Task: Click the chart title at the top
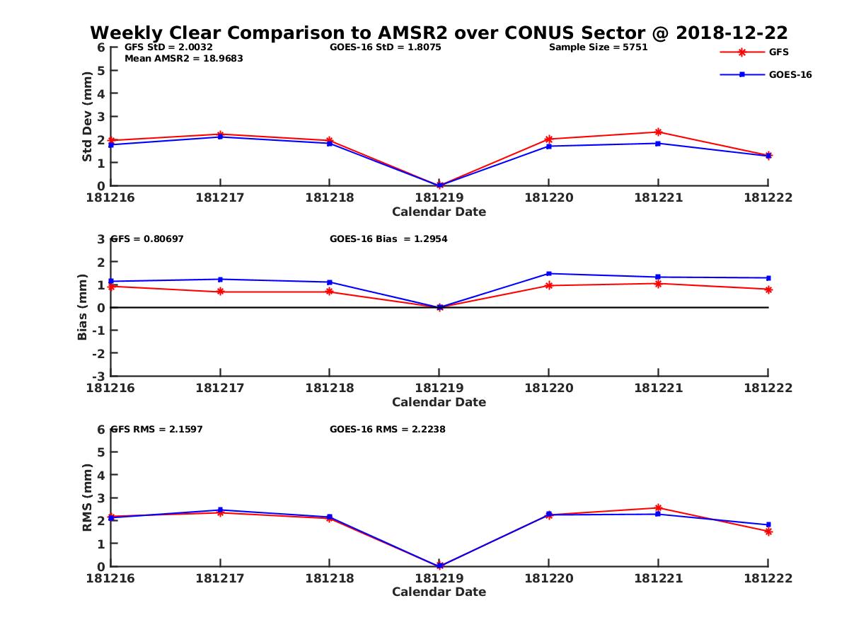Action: [439, 33]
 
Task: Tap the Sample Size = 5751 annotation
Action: [598, 47]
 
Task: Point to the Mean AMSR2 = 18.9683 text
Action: [183, 59]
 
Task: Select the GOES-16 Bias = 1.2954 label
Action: [388, 239]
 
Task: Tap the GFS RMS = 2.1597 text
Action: [157, 429]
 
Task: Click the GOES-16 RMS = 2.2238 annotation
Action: [387, 429]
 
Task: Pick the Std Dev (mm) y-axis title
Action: [87, 116]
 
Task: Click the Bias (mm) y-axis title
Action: [83, 307]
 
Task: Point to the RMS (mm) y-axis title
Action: [87, 498]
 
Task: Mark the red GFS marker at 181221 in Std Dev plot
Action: [658, 132]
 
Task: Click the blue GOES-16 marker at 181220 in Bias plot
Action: [548, 273]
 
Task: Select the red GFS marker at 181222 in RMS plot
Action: [768, 532]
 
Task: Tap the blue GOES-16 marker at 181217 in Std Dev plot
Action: [220, 137]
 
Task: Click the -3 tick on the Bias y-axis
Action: [100, 376]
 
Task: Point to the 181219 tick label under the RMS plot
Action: [439, 578]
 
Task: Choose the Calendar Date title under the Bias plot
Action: [439, 402]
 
